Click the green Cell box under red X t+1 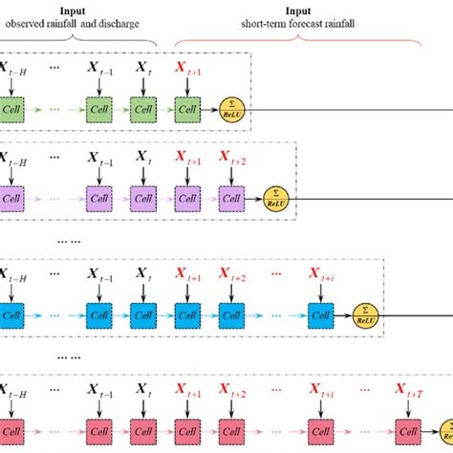[189, 109]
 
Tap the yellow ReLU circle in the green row [230, 108]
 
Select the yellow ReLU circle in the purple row [276, 199]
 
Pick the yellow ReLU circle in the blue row [363, 312]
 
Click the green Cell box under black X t [144, 109]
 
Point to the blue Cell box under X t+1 [189, 313]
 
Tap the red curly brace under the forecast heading [299, 42]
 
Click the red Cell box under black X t [144, 426]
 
